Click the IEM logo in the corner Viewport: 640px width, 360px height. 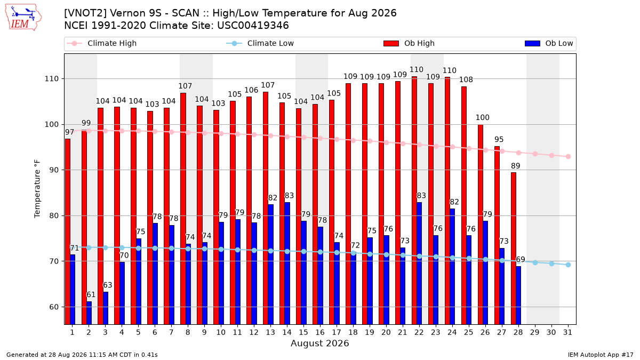point(23,18)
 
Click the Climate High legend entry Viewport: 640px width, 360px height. point(101,43)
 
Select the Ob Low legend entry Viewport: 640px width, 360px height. point(549,43)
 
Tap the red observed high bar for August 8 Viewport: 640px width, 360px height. point(183,209)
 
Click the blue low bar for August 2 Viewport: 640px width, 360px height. point(89,313)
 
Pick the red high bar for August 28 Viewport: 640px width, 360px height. point(514,249)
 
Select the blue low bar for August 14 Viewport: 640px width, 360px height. point(287,263)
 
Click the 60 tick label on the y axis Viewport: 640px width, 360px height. point(54,307)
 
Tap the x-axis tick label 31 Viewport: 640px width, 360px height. point(567,332)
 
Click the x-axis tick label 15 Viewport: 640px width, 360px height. point(303,332)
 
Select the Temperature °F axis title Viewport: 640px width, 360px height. point(37,189)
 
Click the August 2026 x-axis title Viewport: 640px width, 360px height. point(319,343)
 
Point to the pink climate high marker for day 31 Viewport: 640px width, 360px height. point(568,157)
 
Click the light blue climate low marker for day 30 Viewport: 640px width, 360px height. point(551,263)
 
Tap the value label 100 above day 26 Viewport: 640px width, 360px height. point(483,117)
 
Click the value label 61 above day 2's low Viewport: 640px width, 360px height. point(91,294)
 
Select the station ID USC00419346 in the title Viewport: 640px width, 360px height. point(253,26)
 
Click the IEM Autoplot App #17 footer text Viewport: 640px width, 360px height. point(601,355)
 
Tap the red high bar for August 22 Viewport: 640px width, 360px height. point(414,201)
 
